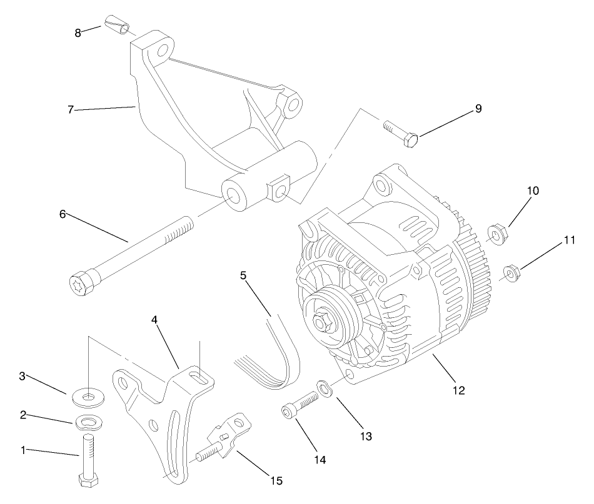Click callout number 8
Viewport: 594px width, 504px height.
click(x=78, y=32)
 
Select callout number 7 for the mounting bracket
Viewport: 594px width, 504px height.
click(x=71, y=109)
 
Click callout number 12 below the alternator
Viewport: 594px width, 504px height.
click(x=460, y=390)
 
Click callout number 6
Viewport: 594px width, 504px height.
click(x=63, y=214)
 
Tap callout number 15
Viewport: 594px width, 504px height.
click(x=276, y=480)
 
